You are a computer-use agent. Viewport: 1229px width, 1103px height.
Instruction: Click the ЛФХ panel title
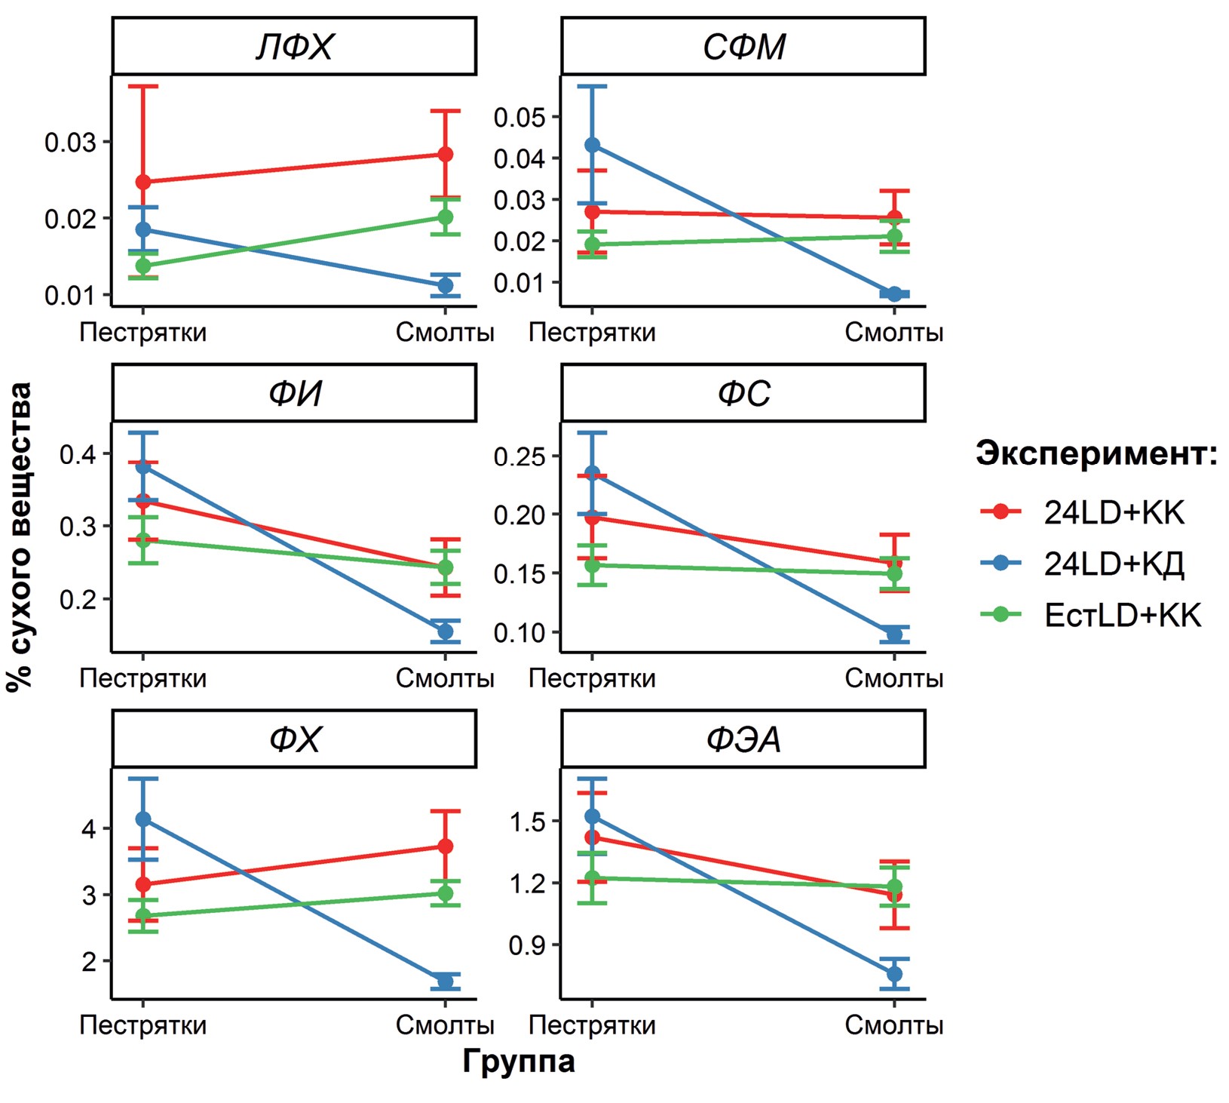(294, 48)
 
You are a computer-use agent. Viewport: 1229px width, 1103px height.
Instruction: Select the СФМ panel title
(743, 48)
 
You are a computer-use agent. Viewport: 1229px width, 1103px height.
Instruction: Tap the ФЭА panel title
(743, 739)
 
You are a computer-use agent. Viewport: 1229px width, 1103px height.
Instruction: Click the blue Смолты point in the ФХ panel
(445, 982)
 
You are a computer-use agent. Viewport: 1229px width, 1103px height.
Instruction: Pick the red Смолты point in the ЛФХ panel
(445, 155)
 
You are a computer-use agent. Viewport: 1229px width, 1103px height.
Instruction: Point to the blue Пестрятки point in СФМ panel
(592, 145)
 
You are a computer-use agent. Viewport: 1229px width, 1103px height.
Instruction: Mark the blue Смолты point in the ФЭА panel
(894, 974)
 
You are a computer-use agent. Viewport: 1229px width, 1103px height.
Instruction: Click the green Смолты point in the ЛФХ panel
(445, 217)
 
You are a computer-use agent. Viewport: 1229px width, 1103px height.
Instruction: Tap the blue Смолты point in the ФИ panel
(445, 631)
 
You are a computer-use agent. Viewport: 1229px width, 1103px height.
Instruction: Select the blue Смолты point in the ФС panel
(894, 634)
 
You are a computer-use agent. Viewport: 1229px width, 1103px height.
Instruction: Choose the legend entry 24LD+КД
(1114, 564)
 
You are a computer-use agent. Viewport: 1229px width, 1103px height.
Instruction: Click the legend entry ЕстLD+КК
(1122, 616)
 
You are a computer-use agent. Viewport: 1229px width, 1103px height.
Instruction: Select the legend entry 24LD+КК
(1114, 512)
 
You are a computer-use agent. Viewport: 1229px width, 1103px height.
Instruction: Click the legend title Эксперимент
(1096, 453)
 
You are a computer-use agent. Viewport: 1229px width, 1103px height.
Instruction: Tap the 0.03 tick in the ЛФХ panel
(70, 142)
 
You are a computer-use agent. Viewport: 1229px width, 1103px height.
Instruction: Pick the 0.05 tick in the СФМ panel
(519, 117)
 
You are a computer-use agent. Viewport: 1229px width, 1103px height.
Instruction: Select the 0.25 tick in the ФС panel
(519, 456)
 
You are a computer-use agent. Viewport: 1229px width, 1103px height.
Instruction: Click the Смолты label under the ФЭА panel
(894, 1025)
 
